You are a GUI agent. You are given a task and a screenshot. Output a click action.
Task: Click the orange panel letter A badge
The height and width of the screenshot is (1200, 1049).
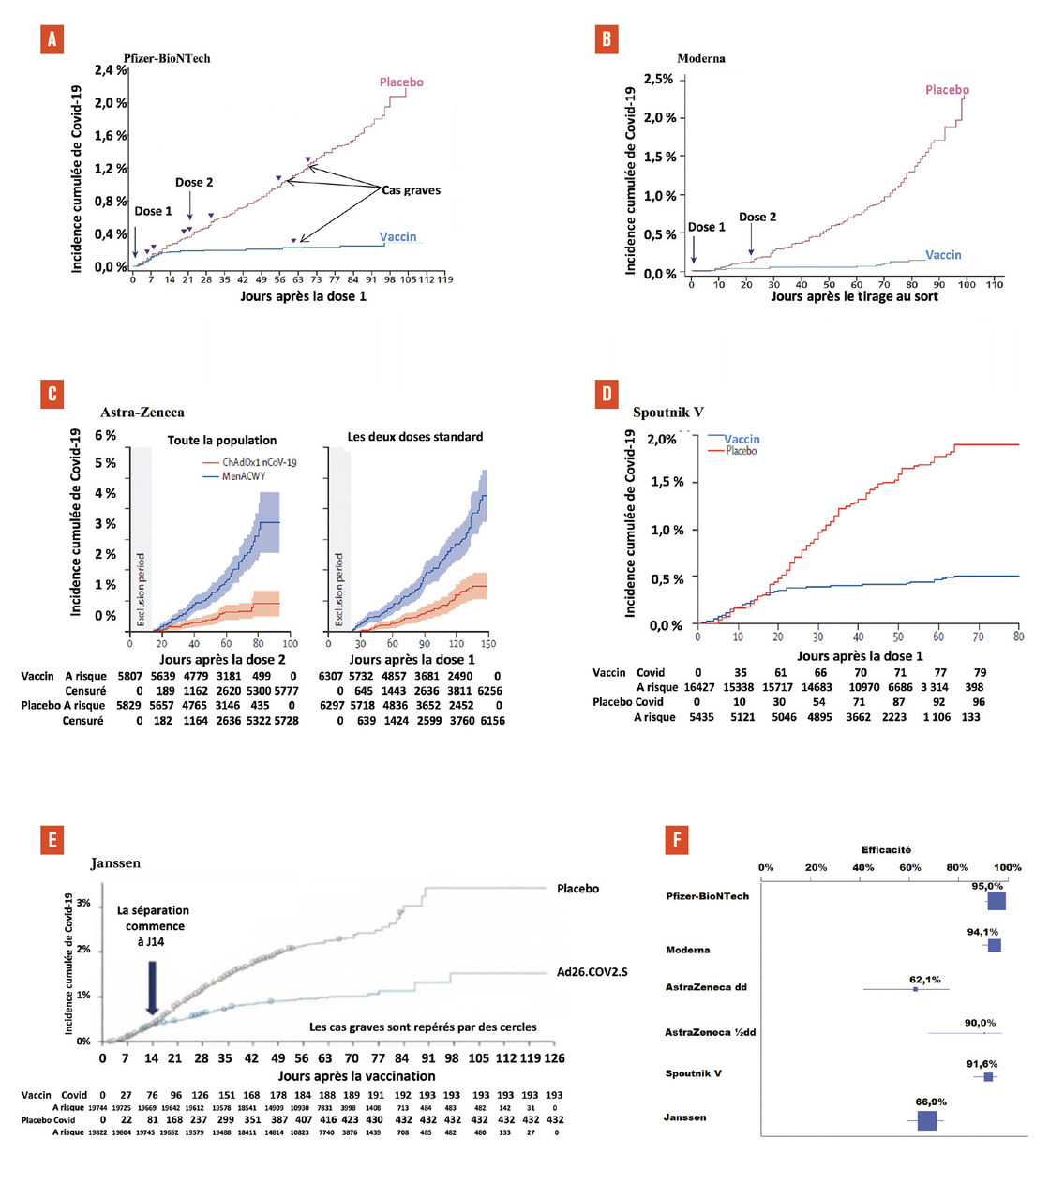point(52,38)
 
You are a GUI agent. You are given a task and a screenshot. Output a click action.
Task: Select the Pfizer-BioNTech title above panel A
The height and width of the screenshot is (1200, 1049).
point(167,58)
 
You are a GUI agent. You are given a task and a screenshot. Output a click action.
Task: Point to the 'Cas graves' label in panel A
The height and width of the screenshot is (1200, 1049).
point(411,190)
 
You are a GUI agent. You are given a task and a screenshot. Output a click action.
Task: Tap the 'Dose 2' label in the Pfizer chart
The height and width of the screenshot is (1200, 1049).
point(194,182)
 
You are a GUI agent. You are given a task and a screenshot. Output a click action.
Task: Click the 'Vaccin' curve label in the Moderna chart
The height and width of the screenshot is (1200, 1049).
point(943,255)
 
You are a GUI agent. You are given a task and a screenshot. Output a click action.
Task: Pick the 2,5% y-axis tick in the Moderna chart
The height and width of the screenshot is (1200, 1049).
point(658,79)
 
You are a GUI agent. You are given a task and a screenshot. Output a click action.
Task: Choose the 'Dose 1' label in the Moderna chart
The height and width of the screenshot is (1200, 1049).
point(707,227)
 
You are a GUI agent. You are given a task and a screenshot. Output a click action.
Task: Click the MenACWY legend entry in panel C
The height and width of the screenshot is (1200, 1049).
point(244,476)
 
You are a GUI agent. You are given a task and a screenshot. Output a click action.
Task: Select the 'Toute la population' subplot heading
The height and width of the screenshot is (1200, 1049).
point(222,440)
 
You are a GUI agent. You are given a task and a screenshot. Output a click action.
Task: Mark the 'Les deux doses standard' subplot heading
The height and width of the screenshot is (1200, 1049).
point(415,437)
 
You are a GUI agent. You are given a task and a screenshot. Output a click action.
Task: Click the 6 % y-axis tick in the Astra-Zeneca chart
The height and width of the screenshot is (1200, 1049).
point(105,435)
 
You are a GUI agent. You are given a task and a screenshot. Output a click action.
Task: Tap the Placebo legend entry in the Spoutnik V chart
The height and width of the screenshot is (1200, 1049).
point(741,451)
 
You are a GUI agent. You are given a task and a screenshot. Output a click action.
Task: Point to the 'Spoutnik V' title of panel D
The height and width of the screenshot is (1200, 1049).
point(667,412)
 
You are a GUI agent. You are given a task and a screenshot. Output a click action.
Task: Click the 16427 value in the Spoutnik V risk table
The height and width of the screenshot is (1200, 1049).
point(699,687)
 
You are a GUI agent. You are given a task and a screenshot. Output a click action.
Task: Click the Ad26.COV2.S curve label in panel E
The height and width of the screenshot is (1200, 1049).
point(592,971)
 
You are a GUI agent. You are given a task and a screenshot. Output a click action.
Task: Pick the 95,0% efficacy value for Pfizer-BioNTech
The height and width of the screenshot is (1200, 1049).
point(987,886)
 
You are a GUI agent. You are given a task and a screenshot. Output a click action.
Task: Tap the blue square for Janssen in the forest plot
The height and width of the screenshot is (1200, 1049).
point(927,1120)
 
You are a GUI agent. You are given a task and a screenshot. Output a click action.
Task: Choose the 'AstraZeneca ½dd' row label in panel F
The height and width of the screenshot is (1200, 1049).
point(710,1032)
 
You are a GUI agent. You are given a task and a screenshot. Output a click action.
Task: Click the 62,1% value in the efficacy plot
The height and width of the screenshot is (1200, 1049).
point(924,980)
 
